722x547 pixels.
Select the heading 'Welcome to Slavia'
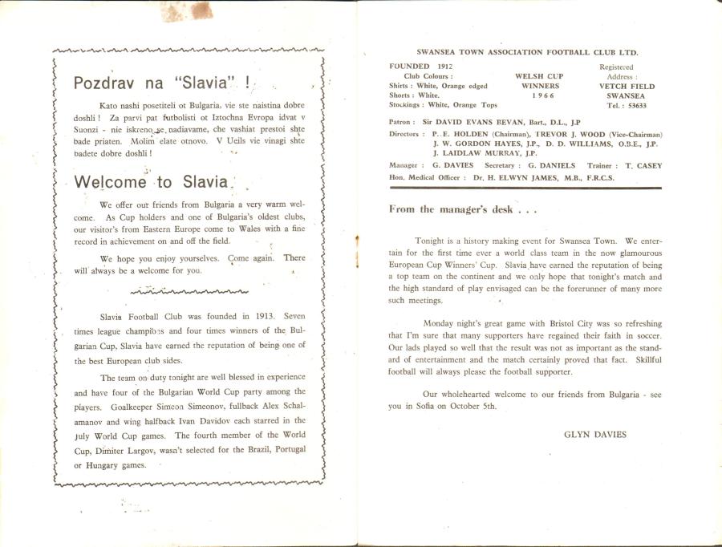point(152,182)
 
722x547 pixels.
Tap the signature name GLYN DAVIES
point(595,434)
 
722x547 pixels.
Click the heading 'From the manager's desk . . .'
point(463,209)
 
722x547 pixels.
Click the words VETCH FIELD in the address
point(627,86)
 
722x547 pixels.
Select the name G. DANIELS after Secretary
point(552,165)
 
